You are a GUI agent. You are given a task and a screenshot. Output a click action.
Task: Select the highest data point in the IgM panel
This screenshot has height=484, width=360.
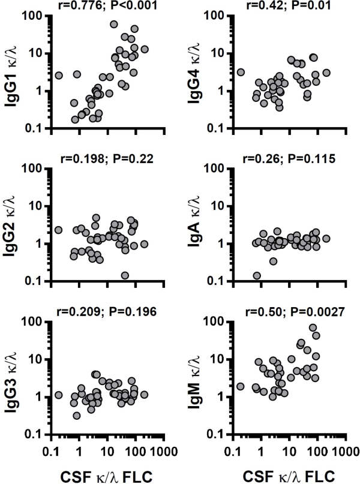click(x=313, y=328)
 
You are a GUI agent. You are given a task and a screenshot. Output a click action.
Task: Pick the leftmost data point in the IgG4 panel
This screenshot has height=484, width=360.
click(x=241, y=73)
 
